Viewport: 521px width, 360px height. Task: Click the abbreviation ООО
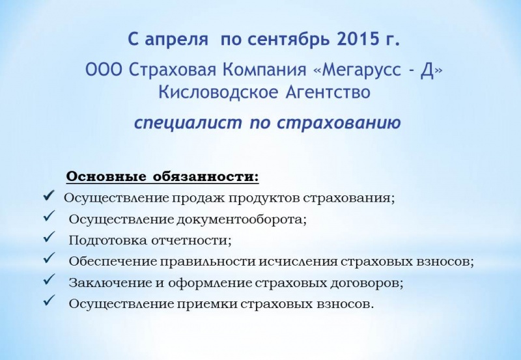pos(104,70)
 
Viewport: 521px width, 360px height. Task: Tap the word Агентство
pos(328,92)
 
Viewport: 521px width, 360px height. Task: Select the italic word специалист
pos(188,123)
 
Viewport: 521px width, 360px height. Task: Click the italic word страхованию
pos(339,123)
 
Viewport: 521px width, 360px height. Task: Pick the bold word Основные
pos(106,176)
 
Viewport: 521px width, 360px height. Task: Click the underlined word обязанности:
pos(206,176)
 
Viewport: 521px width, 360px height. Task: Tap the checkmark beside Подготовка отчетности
pos(49,238)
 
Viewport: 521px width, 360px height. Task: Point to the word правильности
pos(208,262)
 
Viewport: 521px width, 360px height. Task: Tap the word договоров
pos(367,284)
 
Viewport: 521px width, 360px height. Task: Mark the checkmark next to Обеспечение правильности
pos(49,258)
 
